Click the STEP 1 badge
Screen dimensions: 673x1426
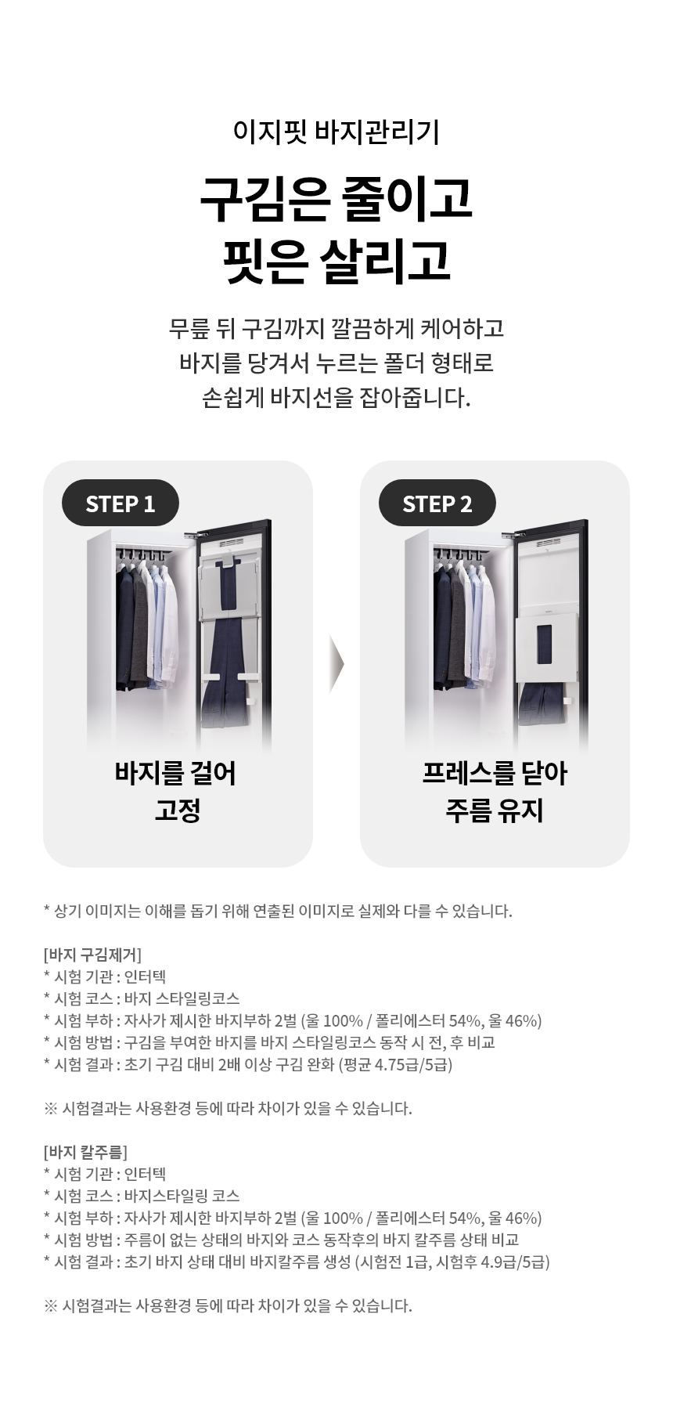coord(121,503)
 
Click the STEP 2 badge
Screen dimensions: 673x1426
coord(437,503)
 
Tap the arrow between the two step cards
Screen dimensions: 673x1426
coord(336,664)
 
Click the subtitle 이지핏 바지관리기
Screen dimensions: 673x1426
coord(336,132)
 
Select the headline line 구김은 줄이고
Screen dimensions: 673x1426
coord(336,200)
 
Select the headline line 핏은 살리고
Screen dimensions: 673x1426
coord(336,261)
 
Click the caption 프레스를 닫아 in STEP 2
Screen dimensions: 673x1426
coord(495,773)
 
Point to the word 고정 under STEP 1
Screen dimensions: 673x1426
coord(178,810)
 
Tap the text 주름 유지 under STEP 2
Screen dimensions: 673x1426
coord(495,810)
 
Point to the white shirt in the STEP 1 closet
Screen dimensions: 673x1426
coord(169,619)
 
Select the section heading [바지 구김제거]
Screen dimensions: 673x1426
coord(92,955)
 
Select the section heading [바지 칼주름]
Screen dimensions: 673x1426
coord(85,1152)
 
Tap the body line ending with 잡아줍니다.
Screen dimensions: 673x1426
coord(336,398)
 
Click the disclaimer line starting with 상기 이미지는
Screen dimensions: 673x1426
coord(279,911)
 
